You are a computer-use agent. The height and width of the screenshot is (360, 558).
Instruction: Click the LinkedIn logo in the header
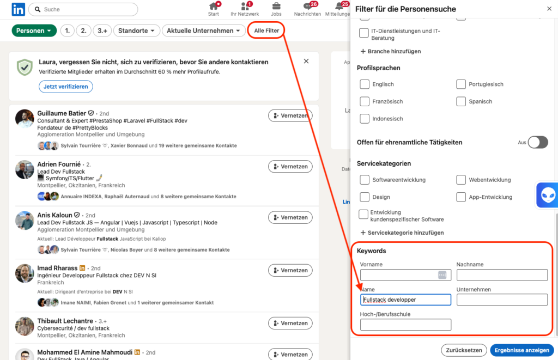pos(18,9)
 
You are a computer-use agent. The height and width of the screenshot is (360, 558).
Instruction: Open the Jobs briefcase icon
pos(276,6)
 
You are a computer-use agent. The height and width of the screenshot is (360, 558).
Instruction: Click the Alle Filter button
pos(266,30)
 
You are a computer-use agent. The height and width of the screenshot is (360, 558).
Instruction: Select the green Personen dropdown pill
pos(34,30)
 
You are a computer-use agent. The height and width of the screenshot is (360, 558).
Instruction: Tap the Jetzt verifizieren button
pos(66,87)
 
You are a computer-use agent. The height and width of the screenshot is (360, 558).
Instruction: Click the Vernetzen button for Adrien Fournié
pos(290,167)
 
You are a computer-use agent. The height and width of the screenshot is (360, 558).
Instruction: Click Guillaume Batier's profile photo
pos(25,119)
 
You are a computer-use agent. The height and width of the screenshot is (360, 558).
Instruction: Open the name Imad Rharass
pos(57,268)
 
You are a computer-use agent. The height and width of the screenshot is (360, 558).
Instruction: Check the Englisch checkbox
pos(365,84)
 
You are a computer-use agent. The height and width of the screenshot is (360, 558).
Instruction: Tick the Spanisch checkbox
pos(461,101)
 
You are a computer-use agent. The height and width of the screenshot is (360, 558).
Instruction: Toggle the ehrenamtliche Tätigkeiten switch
pos(538,142)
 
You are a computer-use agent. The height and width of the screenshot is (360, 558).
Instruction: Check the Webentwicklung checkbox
pos(461,180)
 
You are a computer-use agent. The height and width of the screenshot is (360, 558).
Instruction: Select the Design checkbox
pos(365,197)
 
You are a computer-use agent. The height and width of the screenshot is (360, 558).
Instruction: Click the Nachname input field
pos(502,275)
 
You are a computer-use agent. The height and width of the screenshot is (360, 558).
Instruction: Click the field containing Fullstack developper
pos(405,300)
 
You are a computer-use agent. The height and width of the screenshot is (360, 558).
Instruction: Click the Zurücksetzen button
pos(464,350)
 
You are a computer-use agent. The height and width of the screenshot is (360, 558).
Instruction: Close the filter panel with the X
pos(549,9)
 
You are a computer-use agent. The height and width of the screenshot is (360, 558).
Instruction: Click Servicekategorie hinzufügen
pos(402,233)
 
